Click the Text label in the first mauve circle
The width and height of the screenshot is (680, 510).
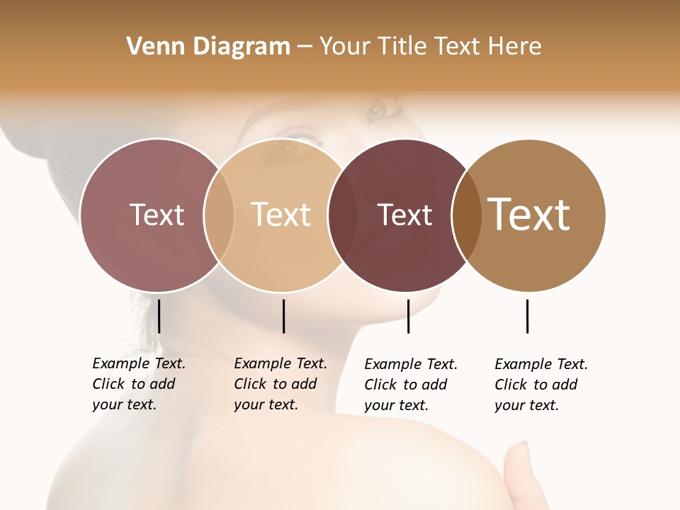157,215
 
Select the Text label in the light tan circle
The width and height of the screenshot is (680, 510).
280,215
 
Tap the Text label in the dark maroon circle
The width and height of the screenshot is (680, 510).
404,215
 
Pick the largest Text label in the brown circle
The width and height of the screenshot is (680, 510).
528,215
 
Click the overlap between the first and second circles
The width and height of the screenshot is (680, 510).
219,215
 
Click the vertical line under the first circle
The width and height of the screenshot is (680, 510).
159,316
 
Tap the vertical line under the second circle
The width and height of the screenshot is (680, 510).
283,316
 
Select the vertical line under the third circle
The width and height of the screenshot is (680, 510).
408,316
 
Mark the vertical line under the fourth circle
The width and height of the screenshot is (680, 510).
527,316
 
